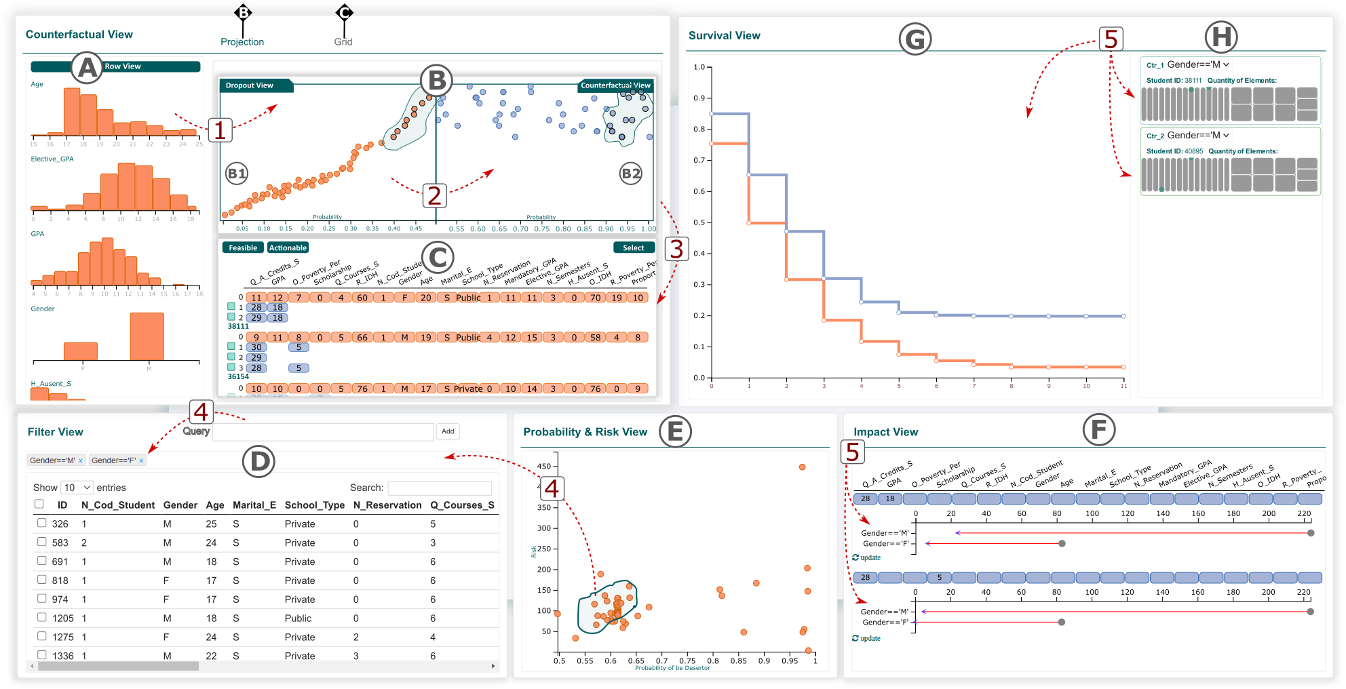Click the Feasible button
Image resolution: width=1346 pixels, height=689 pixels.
click(x=243, y=248)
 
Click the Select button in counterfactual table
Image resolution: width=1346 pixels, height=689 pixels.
click(x=634, y=248)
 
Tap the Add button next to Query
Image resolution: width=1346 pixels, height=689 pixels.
click(x=448, y=431)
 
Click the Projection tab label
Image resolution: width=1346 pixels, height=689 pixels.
click(x=242, y=42)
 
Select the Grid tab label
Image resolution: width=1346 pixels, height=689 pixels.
click(x=343, y=42)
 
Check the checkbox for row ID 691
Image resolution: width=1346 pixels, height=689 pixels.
click(x=42, y=561)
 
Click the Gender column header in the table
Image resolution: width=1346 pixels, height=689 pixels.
click(x=180, y=505)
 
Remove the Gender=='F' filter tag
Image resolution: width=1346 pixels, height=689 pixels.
click(x=141, y=460)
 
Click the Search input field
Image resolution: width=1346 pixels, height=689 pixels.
click(x=440, y=488)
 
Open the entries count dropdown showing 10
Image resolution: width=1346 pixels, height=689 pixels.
click(x=77, y=488)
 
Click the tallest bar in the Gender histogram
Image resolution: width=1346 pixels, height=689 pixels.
click(x=147, y=336)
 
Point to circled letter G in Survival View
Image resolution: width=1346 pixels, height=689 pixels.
click(x=915, y=39)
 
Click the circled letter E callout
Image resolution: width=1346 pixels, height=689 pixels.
click(x=674, y=431)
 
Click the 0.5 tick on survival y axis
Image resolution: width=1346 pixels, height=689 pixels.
click(x=699, y=222)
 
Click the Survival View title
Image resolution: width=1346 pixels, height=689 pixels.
click(x=724, y=36)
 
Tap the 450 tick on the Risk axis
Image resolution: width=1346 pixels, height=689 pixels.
click(x=544, y=467)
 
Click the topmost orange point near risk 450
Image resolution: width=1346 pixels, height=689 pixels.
click(x=802, y=467)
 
